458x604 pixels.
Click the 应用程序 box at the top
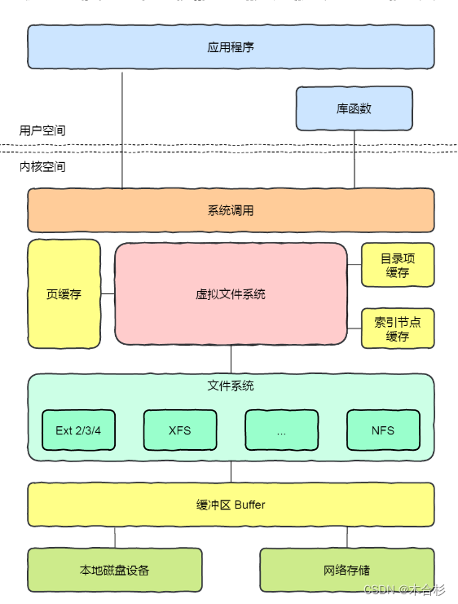pyautogui.click(x=231, y=47)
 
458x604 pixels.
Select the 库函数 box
pyautogui.click(x=354, y=108)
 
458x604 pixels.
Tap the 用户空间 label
pyautogui.click(x=42, y=130)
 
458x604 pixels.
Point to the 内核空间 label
pyautogui.click(x=42, y=166)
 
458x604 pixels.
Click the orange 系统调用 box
pyautogui.click(x=231, y=210)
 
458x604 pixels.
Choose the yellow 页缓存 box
pyautogui.click(x=64, y=294)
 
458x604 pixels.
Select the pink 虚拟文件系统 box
pyautogui.click(x=231, y=294)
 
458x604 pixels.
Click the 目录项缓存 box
pyautogui.click(x=398, y=266)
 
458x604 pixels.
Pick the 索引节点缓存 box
pyautogui.click(x=398, y=328)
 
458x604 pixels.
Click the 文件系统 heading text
pyautogui.click(x=231, y=386)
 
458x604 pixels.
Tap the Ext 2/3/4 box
pyautogui.click(x=78, y=430)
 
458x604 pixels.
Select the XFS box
pyautogui.click(x=180, y=430)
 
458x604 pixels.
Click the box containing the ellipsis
pyautogui.click(x=281, y=430)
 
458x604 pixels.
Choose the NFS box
pyautogui.click(x=383, y=430)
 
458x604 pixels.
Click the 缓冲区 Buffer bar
pyautogui.click(x=231, y=505)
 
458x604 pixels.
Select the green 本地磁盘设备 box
pyautogui.click(x=115, y=570)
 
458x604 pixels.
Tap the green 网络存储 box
pyautogui.click(x=347, y=570)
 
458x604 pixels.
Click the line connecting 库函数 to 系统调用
pyautogui.click(x=354, y=160)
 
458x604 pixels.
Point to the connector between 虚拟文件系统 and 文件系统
pyautogui.click(x=231, y=359)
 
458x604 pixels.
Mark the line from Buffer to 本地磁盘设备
pyautogui.click(x=115, y=537)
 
